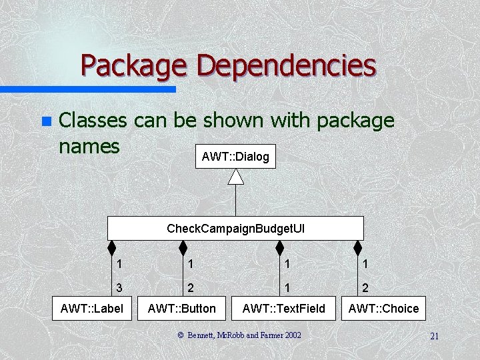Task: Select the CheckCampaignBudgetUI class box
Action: pos(235,229)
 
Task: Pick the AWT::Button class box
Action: pos(182,308)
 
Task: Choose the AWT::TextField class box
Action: pos(284,308)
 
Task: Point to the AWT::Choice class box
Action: pos(383,308)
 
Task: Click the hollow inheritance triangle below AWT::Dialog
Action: pos(235,176)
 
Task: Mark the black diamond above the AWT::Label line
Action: pos(113,248)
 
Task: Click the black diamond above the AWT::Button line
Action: pos(183,248)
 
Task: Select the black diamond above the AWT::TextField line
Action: pos(279,248)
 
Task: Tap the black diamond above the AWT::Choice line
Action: pos(358,248)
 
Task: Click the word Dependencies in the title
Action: pos(287,66)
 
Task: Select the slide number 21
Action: pos(434,336)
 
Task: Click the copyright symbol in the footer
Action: pos(180,335)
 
